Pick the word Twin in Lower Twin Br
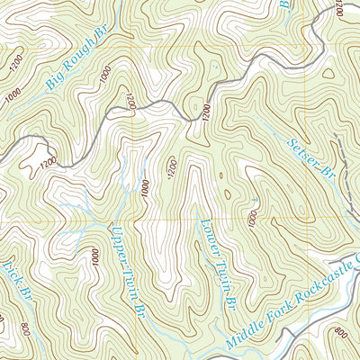point(219,270)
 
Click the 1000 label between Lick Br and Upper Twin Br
point(94,256)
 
